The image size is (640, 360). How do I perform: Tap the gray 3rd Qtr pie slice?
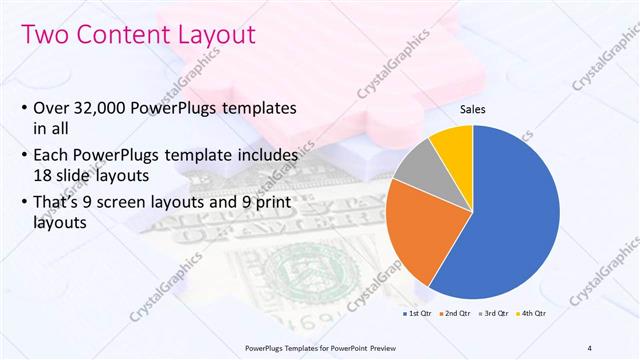(415, 167)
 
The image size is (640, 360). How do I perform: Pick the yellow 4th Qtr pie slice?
(452, 145)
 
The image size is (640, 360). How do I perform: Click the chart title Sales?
(473, 110)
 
